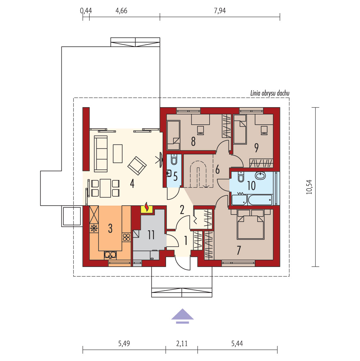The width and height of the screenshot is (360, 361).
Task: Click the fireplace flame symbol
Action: click(147, 207)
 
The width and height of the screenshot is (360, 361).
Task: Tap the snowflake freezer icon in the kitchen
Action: click(94, 228)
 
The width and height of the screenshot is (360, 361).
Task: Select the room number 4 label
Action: click(132, 184)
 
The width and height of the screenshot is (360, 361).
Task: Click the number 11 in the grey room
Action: click(151, 235)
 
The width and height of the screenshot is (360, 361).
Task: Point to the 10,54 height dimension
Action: click(309, 187)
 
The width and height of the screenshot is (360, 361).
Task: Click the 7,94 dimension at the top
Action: click(220, 11)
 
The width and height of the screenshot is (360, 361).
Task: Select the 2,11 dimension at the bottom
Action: click(182, 343)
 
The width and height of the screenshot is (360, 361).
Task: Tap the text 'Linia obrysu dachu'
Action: click(270, 93)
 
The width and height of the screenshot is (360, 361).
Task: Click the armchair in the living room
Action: click(137, 166)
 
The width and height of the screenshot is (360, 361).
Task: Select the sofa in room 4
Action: click(101, 154)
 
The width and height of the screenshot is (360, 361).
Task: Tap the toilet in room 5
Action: click(174, 159)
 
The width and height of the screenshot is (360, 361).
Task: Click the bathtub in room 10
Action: click(260, 200)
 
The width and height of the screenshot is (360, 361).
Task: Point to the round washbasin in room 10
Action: click(260, 176)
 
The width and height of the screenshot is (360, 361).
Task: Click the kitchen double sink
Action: click(110, 255)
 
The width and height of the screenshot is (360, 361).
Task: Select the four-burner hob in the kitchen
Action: click(126, 237)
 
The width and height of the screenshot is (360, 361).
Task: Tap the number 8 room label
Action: click(193, 142)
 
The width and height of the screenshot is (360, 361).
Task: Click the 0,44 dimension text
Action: click(86, 11)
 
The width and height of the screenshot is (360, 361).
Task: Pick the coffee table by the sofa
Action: click(117, 153)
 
